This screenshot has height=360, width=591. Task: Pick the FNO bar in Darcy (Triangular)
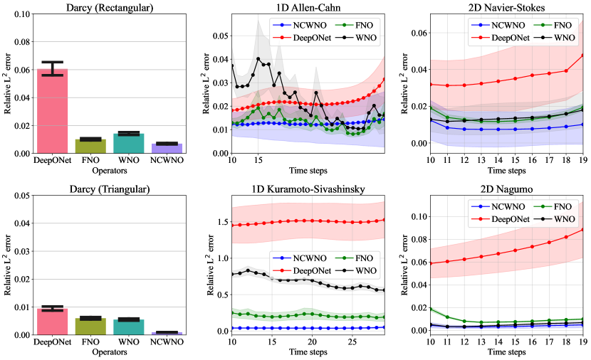tap(90, 326)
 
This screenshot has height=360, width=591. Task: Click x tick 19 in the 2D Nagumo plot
tap(582, 340)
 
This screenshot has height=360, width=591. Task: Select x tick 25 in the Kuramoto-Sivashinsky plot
tap(352, 340)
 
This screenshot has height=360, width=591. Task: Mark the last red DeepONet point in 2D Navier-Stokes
tap(582, 55)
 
